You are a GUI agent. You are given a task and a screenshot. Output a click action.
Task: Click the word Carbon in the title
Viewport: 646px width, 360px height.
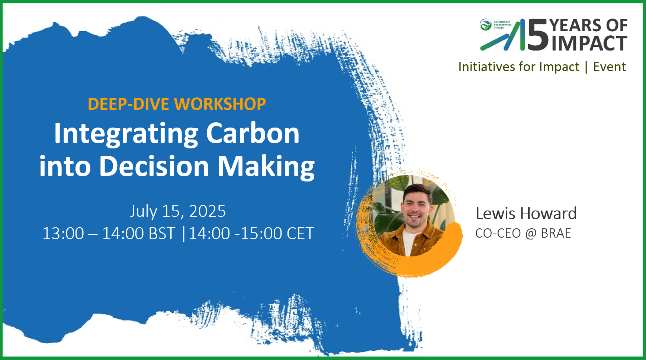coord(253,133)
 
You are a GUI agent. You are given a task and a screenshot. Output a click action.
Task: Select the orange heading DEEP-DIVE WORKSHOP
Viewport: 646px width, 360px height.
coord(177,104)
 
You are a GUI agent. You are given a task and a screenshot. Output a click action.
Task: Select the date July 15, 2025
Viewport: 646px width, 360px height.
coord(178,211)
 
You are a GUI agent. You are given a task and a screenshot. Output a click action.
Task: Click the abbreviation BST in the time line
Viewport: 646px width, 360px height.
coord(162,234)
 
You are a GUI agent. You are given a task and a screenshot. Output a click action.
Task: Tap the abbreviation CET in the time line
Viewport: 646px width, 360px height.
coord(300,234)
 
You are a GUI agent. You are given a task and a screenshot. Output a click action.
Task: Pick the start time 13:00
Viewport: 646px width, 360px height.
coord(63,234)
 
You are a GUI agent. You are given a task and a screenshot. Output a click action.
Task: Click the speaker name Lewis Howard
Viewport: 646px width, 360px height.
coord(526,213)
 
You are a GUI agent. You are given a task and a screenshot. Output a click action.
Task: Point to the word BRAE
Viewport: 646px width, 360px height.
coord(556,233)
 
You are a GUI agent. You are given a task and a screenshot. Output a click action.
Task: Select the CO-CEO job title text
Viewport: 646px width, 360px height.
coord(498,233)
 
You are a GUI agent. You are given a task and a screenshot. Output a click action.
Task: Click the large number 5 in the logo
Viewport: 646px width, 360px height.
coord(538,35)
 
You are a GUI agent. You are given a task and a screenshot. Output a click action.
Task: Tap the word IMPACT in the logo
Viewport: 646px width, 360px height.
coord(589,43)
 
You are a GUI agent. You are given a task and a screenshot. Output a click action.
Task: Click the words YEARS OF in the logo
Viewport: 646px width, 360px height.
coord(589,26)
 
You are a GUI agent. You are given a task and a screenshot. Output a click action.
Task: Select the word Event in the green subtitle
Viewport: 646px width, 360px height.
coord(610,67)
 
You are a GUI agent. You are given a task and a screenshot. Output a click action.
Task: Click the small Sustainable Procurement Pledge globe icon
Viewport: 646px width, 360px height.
coord(485,25)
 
